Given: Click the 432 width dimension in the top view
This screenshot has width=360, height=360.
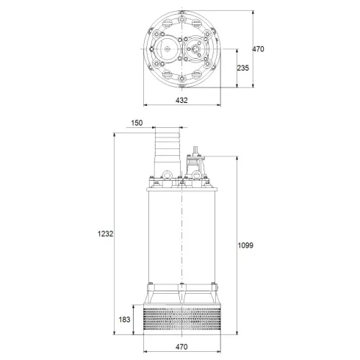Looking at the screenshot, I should pyautogui.click(x=181, y=100).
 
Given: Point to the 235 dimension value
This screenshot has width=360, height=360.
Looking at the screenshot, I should pyautogui.click(x=244, y=68).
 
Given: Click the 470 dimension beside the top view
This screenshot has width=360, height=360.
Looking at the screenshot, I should pyautogui.click(x=258, y=48).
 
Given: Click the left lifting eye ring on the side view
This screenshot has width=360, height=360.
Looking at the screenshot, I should pyautogui.click(x=168, y=176).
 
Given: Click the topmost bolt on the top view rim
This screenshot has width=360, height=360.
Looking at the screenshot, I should pyautogui.click(x=181, y=16).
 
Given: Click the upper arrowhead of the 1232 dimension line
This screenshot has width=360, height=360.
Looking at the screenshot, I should pyautogui.click(x=115, y=136).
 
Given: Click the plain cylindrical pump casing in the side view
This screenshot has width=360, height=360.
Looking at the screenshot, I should pyautogui.click(x=181, y=235).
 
